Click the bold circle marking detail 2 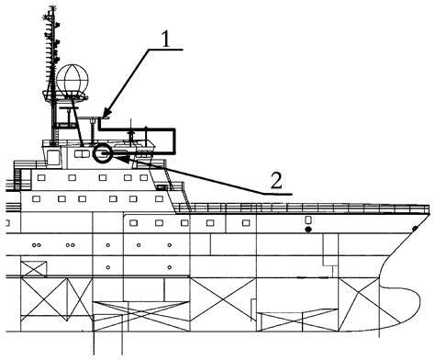(x=102, y=153)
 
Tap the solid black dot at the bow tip (x=416, y=228)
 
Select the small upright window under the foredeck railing (x=307, y=221)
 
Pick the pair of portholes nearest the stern (x=37, y=246)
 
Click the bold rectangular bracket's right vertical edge (x=174, y=139)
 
